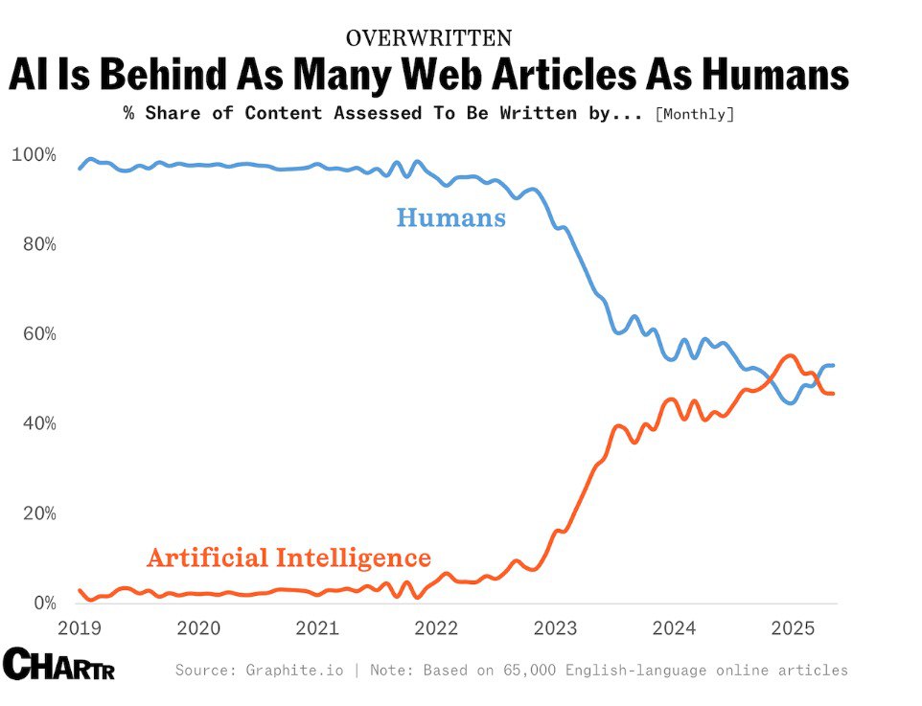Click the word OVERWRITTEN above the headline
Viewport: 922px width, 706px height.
428,38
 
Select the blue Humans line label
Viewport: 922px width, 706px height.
450,218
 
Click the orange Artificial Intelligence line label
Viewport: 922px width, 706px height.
288,558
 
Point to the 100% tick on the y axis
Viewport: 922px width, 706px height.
34,155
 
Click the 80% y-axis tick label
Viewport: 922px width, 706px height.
37,244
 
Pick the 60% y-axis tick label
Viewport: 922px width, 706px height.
37,334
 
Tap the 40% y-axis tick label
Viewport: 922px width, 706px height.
37,424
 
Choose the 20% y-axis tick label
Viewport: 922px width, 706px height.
37,513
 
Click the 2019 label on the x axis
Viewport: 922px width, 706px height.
81,628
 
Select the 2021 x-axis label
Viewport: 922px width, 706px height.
318,628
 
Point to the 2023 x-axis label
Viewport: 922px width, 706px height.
555,628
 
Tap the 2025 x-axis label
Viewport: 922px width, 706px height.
793,628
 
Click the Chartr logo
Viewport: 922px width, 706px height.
58,664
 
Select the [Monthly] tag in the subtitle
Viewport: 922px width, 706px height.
695,113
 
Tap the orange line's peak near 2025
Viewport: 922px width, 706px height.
789,355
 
